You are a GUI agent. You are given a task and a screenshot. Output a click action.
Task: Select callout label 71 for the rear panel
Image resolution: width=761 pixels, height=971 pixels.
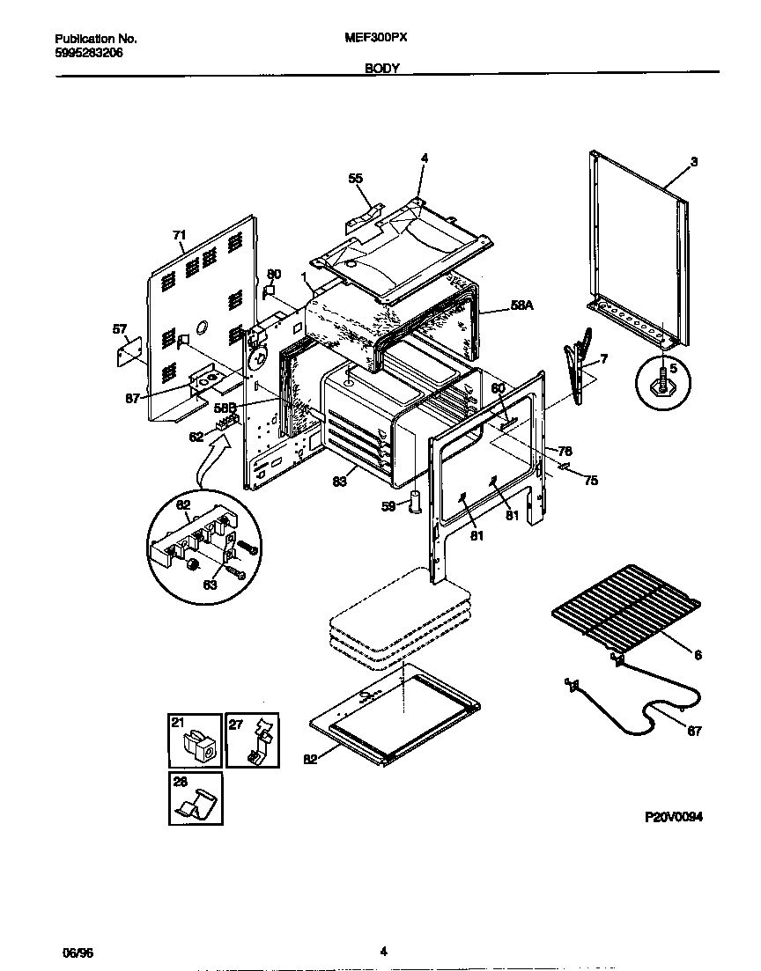pyautogui.click(x=179, y=235)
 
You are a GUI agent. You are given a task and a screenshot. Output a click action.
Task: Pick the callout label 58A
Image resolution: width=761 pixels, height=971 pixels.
pyautogui.click(x=522, y=305)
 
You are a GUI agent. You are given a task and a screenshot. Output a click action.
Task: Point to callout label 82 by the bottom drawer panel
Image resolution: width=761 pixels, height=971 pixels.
pyautogui.click(x=310, y=760)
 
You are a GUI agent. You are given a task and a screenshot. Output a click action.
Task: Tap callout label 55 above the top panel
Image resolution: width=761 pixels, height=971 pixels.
pyautogui.click(x=355, y=179)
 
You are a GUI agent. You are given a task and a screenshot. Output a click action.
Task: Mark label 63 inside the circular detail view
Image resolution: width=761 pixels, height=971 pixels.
pyautogui.click(x=211, y=583)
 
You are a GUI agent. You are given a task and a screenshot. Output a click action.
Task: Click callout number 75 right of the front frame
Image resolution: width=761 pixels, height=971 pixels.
pyautogui.click(x=591, y=481)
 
